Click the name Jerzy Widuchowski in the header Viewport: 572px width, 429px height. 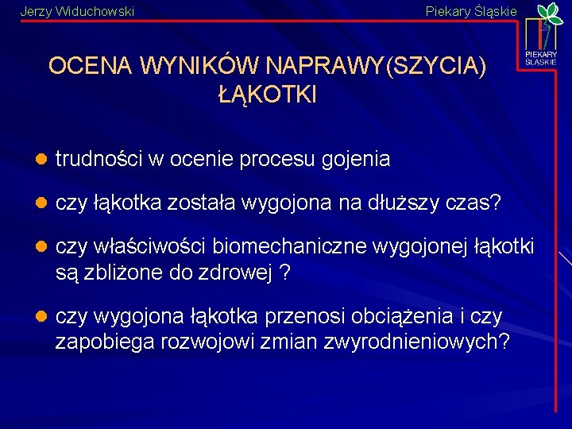76,11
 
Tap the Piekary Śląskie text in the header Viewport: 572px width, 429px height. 471,11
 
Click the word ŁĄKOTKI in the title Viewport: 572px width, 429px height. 267,95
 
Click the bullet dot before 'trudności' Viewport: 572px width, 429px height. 41,160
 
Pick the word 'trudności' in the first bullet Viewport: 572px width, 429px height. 99,160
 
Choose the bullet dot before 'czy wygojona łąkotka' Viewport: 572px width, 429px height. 41,317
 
